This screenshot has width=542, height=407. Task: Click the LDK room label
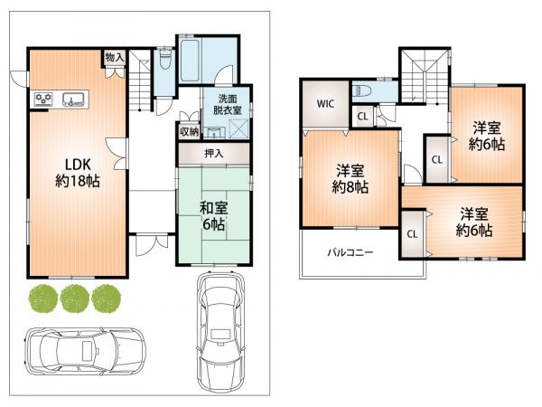tap(78, 173)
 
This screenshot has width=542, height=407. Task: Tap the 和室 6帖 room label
tap(213, 216)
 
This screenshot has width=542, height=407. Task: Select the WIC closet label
tap(325, 103)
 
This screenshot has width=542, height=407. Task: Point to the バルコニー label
tap(350, 252)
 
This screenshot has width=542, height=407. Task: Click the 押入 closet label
tap(214, 153)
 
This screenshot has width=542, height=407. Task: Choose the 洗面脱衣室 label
tap(227, 105)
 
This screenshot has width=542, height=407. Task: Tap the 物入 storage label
tap(115, 57)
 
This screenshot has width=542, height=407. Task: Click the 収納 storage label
tap(189, 131)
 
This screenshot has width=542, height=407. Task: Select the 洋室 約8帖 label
tap(350, 179)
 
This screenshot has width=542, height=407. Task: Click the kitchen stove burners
tap(44, 99)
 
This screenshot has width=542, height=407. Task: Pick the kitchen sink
tap(74, 99)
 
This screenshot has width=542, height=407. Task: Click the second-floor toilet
tap(362, 91)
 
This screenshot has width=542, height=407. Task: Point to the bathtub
tap(190, 61)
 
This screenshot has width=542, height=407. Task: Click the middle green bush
tap(75, 298)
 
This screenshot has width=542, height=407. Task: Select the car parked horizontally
tap(86, 351)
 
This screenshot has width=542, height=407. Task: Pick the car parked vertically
tap(220, 332)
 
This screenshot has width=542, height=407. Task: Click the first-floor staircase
tap(140, 80)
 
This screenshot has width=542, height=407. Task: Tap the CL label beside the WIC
tap(362, 117)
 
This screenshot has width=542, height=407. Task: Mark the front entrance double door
tap(152, 245)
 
